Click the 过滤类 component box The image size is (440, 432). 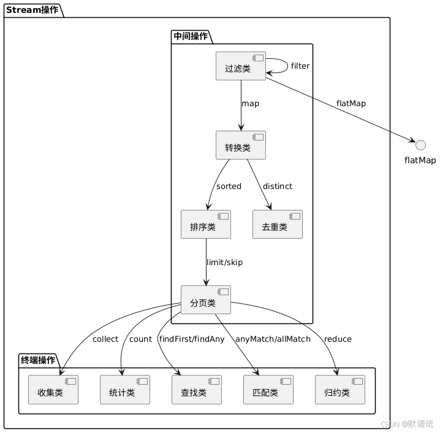[x=241, y=66]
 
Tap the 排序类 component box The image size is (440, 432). [x=206, y=224]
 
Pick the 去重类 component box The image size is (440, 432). [x=277, y=224]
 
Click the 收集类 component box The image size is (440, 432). [x=53, y=390]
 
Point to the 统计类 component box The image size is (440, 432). [x=125, y=390]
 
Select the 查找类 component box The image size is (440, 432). [x=197, y=390]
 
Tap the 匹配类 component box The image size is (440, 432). [x=268, y=390]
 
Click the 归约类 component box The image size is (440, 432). [x=340, y=390]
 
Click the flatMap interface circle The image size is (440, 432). [x=420, y=144]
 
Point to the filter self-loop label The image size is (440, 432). [x=300, y=66]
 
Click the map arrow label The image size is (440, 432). [x=250, y=104]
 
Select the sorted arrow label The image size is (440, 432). [x=229, y=186]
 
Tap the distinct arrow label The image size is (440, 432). [x=278, y=186]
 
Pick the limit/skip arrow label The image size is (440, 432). [x=224, y=262]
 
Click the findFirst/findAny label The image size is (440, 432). [x=192, y=339]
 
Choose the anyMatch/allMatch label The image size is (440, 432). [x=273, y=339]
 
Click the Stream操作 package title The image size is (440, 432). [x=32, y=10]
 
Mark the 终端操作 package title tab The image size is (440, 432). [x=38, y=360]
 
